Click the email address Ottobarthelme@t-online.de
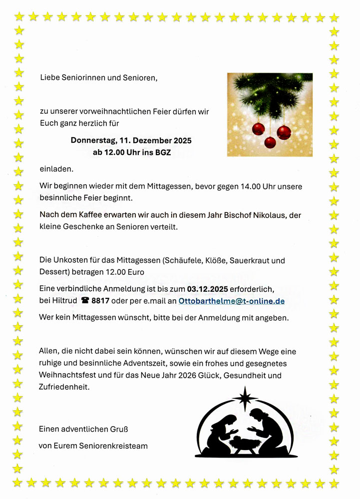(x=231, y=301)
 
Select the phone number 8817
(x=100, y=301)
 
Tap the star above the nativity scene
(x=245, y=397)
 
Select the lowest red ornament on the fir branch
(x=270, y=143)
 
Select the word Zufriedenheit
(x=64, y=386)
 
